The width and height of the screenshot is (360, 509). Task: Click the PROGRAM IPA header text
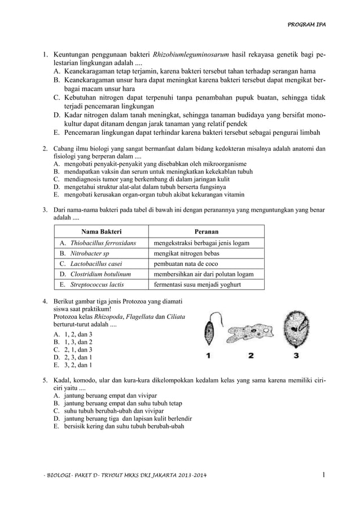[308, 25]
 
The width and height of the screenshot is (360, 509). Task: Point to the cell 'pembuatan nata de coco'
[186, 264]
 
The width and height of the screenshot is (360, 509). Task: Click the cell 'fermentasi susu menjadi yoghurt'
[197, 284]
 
